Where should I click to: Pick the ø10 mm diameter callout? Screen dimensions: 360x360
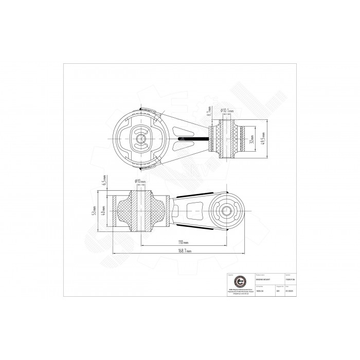(140, 182)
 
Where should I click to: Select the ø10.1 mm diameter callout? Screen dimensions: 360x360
(227, 110)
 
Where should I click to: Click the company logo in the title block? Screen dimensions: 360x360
(240, 283)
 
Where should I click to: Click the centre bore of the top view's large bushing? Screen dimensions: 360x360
(140, 137)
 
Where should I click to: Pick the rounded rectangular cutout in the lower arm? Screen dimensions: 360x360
(196, 211)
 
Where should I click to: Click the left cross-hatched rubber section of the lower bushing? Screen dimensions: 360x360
(126, 212)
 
